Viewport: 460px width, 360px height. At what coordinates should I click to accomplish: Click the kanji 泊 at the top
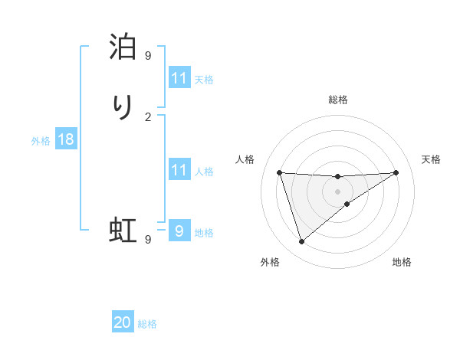coord(123,47)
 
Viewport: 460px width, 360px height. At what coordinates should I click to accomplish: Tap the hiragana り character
coord(123,108)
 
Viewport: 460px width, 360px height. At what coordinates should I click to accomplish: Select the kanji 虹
coord(123,230)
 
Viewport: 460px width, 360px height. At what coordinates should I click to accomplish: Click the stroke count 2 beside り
coord(148,116)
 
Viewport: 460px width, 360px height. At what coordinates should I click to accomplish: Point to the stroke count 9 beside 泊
coord(148,55)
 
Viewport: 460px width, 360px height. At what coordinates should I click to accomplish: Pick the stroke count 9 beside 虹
coord(148,239)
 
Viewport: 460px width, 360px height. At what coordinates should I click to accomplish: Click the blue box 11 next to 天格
coord(179,78)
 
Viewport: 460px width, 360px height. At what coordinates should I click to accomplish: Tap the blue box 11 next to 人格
coord(179,170)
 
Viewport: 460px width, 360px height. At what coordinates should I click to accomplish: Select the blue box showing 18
coord(66,139)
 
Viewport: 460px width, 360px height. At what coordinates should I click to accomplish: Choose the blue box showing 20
coord(123,322)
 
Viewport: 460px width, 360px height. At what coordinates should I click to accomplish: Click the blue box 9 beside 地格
coord(179,231)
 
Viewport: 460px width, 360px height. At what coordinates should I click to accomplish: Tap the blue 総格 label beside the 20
coord(147,324)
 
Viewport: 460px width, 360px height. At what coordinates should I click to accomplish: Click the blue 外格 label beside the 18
coord(41,141)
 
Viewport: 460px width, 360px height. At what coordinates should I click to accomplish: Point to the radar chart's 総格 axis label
coord(338,100)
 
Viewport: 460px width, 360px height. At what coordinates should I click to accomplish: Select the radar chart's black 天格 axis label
coord(432,159)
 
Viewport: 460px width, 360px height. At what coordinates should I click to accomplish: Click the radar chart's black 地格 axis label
coord(402,262)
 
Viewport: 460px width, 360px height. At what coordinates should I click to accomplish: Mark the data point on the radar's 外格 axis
coord(301,242)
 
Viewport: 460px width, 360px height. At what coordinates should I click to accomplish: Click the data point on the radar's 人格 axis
coord(280,172)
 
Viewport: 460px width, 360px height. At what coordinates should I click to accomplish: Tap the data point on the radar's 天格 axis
coord(396,172)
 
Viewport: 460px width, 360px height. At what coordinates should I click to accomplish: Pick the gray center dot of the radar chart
coord(338,191)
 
